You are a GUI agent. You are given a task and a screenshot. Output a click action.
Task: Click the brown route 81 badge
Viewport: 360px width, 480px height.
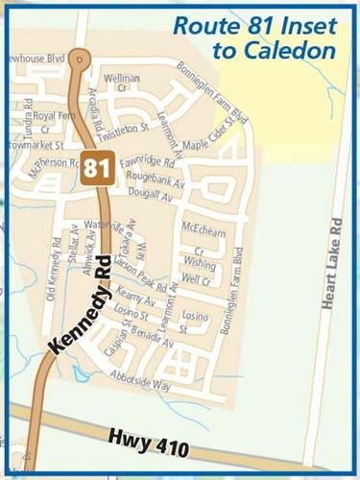click(x=96, y=167)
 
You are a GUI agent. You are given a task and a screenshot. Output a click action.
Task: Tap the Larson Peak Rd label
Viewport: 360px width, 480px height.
click(x=145, y=273)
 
